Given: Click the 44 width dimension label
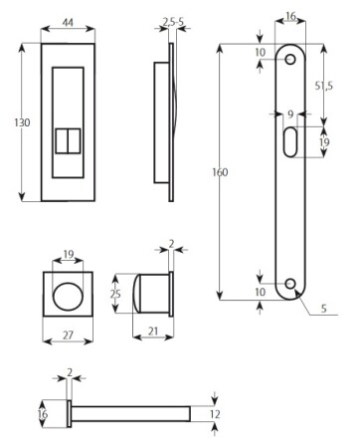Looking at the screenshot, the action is (x=68, y=23).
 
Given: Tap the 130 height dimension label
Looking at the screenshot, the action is (x=22, y=122).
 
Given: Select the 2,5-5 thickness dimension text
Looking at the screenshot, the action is (x=173, y=22).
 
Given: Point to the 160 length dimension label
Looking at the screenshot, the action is (x=220, y=172).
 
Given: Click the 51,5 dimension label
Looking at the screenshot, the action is (x=323, y=86).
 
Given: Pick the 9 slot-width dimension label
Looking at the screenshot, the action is (x=290, y=114).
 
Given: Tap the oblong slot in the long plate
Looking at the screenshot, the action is (x=290, y=141).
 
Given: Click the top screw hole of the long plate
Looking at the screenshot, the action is (x=290, y=60).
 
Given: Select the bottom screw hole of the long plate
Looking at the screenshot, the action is (x=290, y=284).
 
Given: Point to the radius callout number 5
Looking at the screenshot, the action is (x=323, y=309).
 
